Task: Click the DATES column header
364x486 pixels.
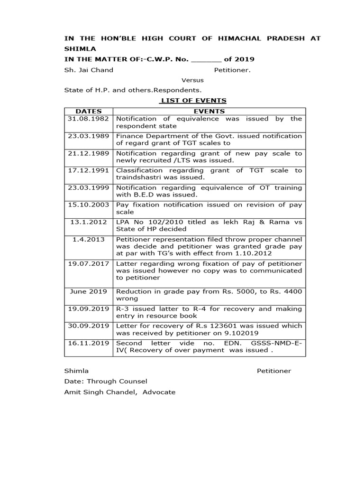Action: pyautogui.click(x=89, y=111)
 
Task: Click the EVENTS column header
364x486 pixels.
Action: pyautogui.click(x=209, y=111)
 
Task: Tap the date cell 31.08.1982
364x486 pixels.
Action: pyautogui.click(x=89, y=119)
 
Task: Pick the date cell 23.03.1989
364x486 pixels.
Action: pyautogui.click(x=89, y=136)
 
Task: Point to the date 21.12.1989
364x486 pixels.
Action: pyautogui.click(x=89, y=153)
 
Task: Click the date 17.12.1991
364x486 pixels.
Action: pyautogui.click(x=89, y=170)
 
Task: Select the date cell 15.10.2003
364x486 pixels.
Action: pyautogui.click(x=89, y=205)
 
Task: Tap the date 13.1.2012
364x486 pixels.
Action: pyautogui.click(x=89, y=222)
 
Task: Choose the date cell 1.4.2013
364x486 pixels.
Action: pyautogui.click(x=89, y=239)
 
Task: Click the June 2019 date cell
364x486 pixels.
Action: pyautogui.click(x=89, y=291)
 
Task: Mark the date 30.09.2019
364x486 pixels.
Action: pyautogui.click(x=89, y=326)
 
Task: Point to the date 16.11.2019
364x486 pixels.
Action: pyautogui.click(x=89, y=343)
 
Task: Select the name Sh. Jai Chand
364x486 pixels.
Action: pyautogui.click(x=89, y=70)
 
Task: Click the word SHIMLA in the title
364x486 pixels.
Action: pyautogui.click(x=80, y=49)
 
